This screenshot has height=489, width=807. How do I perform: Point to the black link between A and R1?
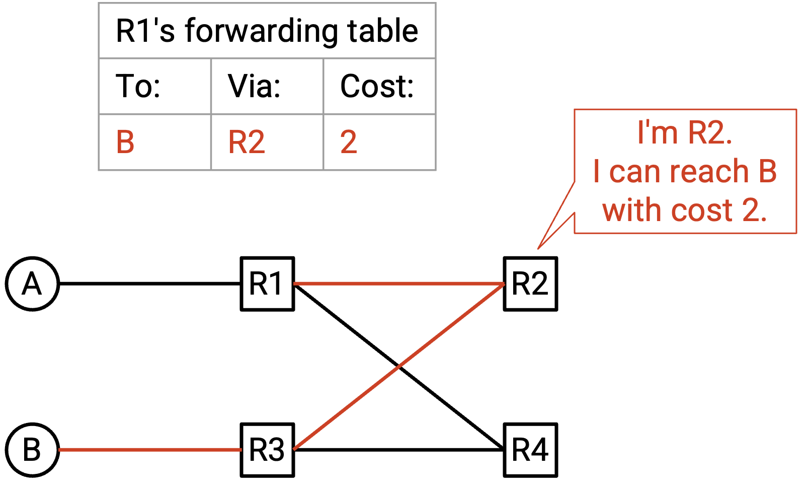click(150, 284)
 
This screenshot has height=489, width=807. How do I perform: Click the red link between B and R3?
click(150, 450)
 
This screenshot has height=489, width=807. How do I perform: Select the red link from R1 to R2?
click(399, 284)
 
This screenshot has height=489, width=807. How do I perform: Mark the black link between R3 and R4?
click(399, 450)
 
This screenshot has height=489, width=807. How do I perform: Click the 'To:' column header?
click(138, 86)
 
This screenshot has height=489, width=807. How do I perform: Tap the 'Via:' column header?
click(254, 86)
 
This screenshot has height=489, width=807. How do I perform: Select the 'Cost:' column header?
click(377, 86)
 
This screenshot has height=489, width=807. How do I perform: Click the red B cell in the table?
click(125, 142)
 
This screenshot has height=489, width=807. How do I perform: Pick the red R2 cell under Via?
click(247, 142)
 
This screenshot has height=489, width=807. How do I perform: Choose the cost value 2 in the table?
click(349, 142)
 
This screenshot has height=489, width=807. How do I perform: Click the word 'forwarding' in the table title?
click(262, 31)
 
